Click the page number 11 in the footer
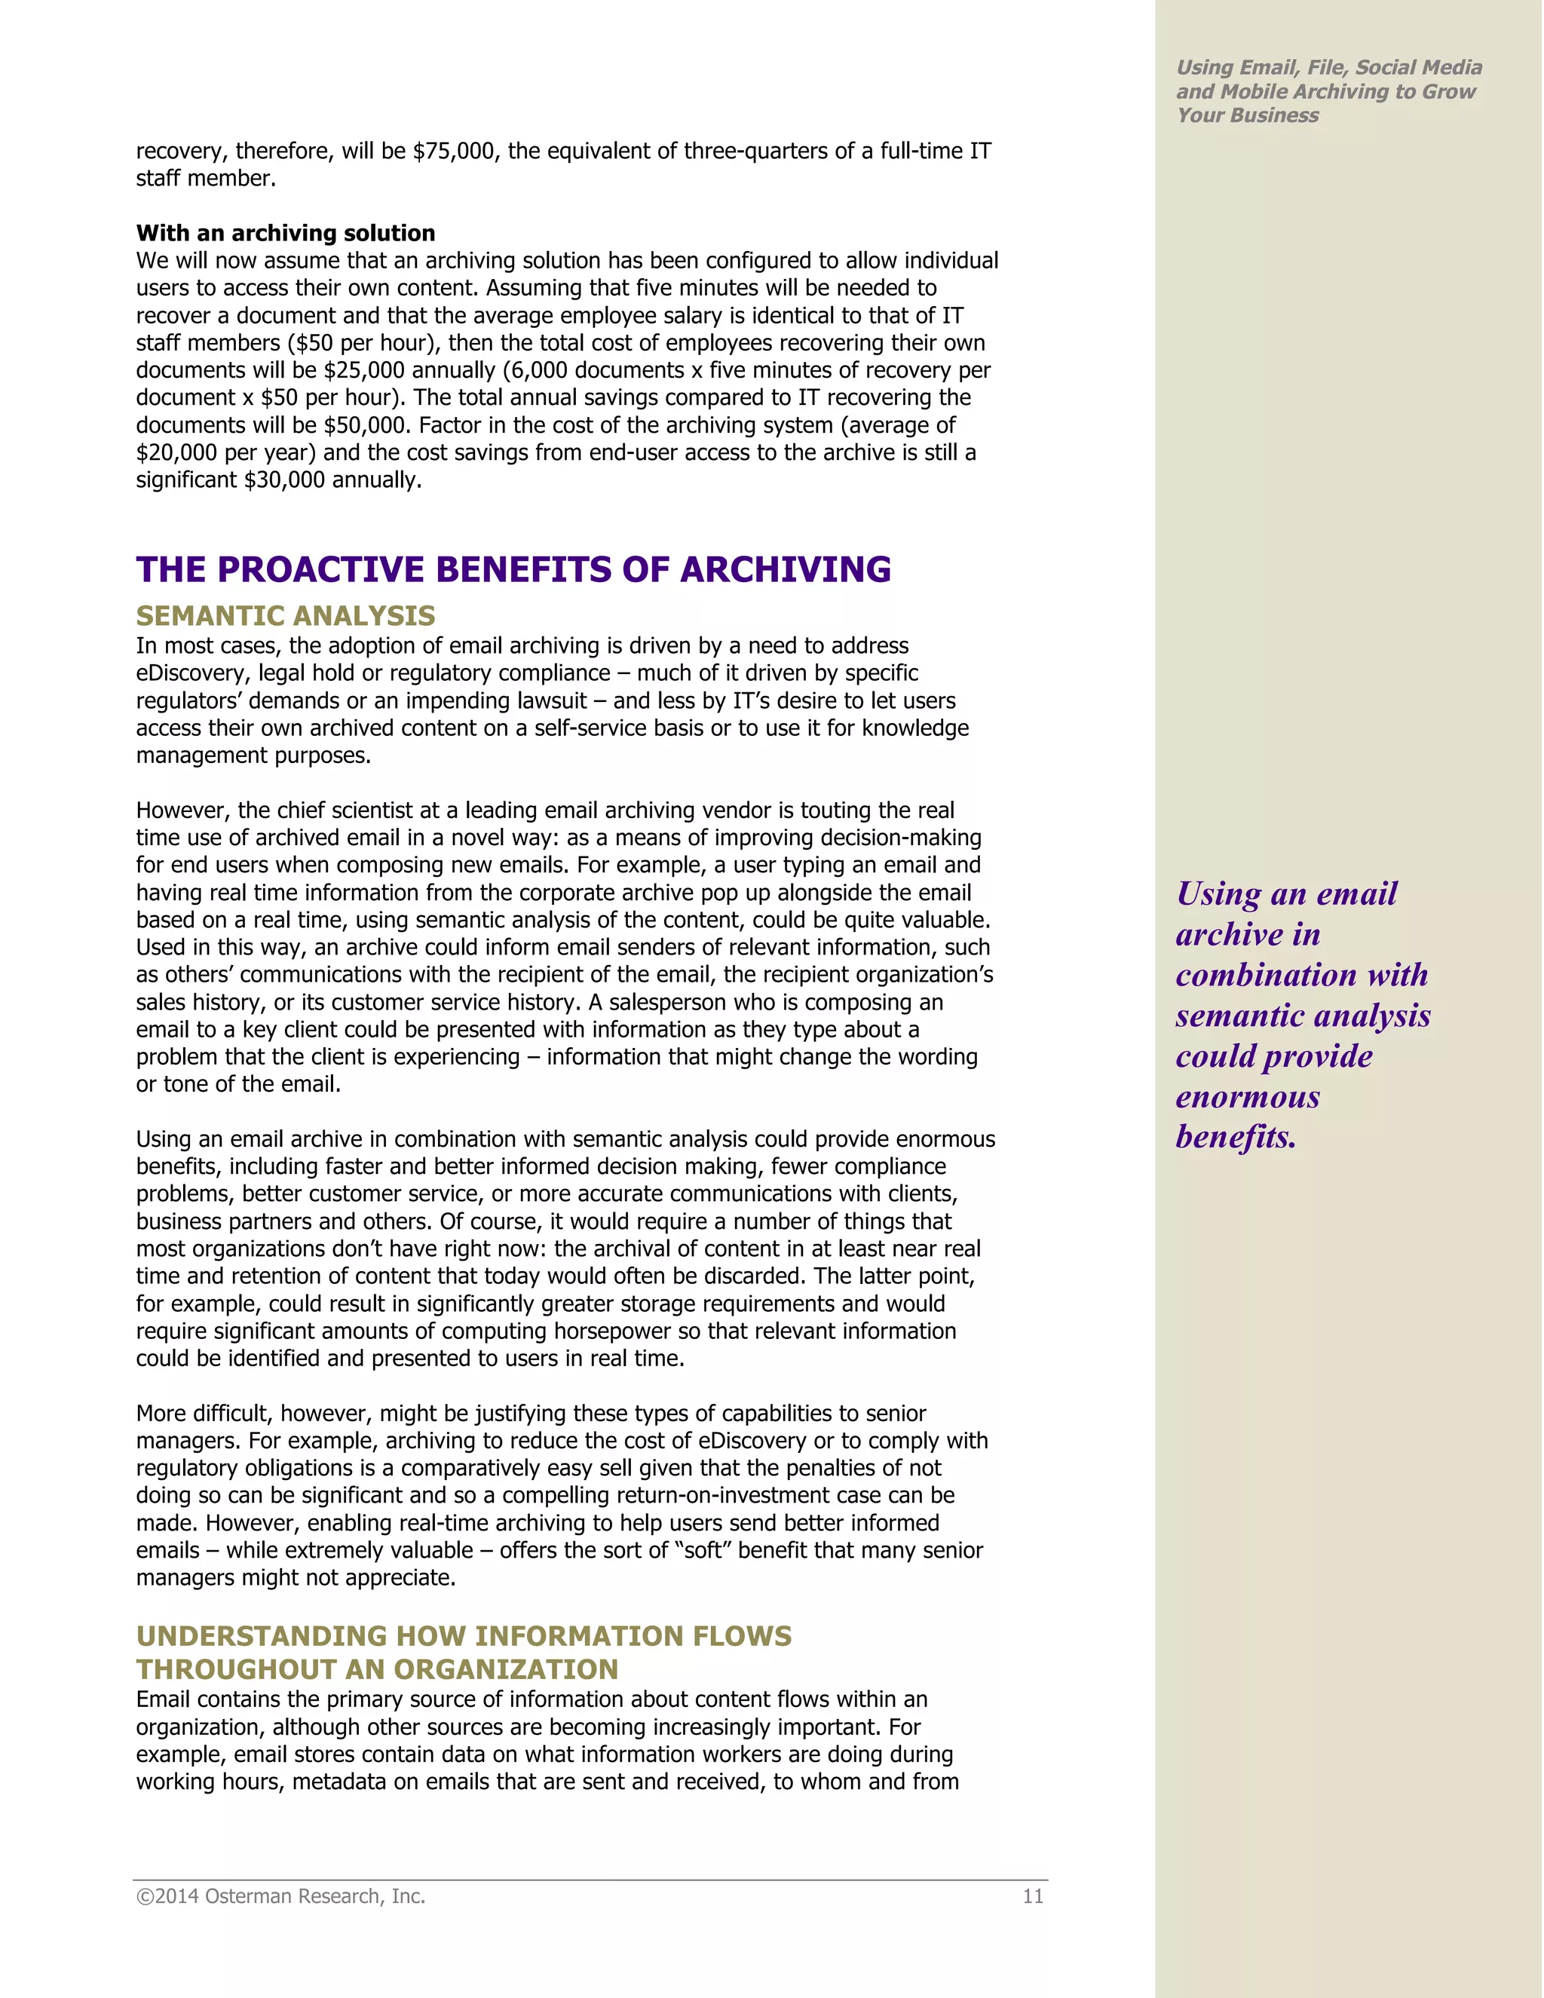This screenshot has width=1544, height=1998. tap(1033, 1896)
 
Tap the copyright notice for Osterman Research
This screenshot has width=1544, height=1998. tap(280, 1896)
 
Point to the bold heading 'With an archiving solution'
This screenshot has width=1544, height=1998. tap(286, 233)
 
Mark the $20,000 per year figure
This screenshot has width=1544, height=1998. tap(177, 453)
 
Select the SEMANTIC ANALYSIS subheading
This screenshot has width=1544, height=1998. tap(286, 616)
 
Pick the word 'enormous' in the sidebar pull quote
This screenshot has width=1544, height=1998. tap(1248, 1097)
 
